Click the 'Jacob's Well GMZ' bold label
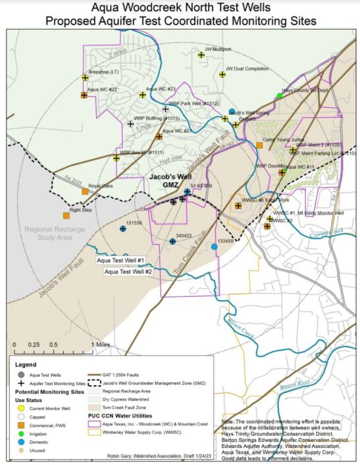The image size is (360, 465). [x=166, y=182]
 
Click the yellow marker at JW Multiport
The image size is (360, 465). [x=201, y=55]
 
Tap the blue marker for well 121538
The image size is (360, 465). [x=123, y=229]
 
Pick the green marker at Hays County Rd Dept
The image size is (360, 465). [x=280, y=96]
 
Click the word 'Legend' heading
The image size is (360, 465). [x=25, y=364]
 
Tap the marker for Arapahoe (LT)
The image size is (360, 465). [x=85, y=78]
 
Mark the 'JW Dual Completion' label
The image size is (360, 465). [x=247, y=68]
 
